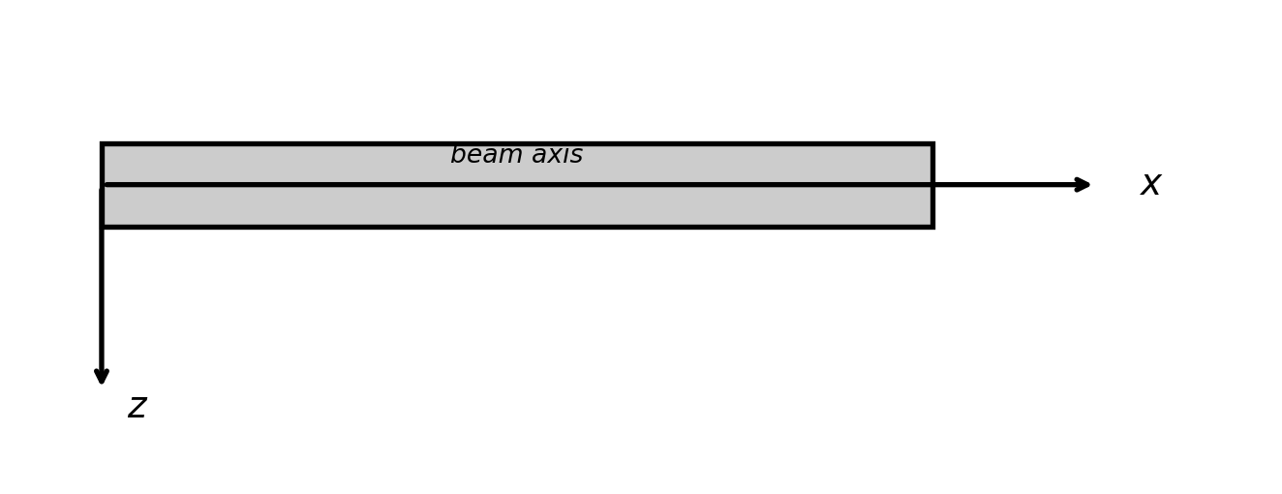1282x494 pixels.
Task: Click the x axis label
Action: click(1150, 184)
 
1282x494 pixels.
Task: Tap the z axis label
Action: click(137, 408)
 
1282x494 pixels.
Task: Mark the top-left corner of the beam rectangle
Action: click(103, 144)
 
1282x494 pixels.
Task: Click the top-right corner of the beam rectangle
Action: click(931, 144)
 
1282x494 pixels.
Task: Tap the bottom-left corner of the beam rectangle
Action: click(103, 226)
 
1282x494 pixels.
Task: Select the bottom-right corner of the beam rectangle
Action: click(931, 226)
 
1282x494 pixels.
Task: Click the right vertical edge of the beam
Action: click(931, 205)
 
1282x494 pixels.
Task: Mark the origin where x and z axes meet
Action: click(102, 184)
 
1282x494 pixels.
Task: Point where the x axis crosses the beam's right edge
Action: click(931, 184)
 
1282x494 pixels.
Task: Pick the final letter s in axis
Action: click(577, 156)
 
